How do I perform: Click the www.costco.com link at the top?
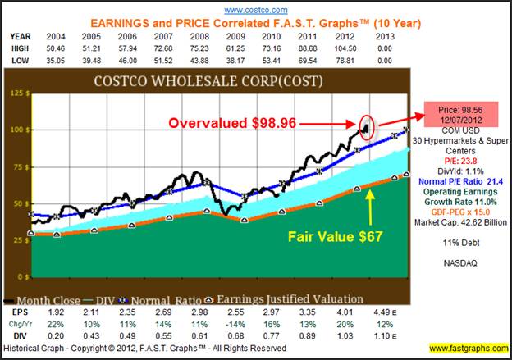[x=255, y=9]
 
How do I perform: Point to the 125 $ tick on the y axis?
[x=16, y=93]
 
